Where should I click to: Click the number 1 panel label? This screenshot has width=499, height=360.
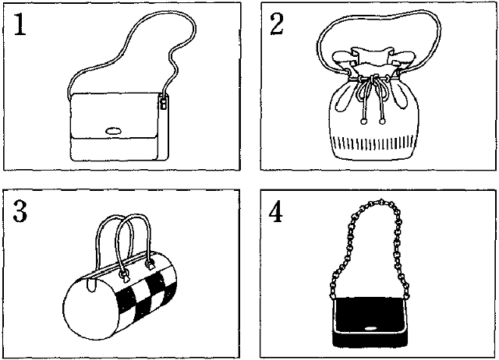click(x=19, y=24)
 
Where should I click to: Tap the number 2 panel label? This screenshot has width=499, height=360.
click(x=277, y=24)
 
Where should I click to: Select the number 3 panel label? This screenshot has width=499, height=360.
click(x=20, y=211)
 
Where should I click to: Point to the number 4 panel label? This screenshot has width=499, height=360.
click(x=275, y=211)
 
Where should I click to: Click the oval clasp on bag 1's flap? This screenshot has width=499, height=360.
click(x=113, y=131)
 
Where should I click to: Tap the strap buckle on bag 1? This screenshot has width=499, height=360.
click(x=164, y=103)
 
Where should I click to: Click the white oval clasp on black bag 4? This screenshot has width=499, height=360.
click(x=370, y=329)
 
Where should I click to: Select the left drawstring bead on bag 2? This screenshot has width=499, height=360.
click(x=363, y=121)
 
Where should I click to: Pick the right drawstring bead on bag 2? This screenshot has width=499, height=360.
click(x=382, y=121)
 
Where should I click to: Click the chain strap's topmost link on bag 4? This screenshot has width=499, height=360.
click(x=381, y=203)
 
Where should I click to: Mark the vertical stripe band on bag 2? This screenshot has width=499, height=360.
click(x=373, y=143)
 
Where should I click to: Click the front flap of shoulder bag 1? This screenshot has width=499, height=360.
click(x=115, y=116)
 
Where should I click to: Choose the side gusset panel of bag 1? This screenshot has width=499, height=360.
click(x=163, y=127)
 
